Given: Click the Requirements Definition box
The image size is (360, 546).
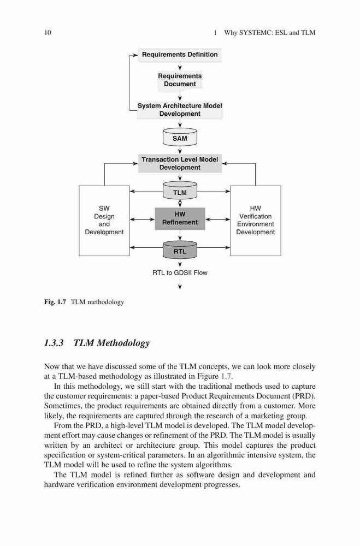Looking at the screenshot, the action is pyautogui.click(x=180, y=55).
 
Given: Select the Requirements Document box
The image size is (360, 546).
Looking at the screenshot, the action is pyautogui.click(x=180, y=80).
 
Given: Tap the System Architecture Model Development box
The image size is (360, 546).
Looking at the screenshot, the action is pyautogui.click(x=180, y=110).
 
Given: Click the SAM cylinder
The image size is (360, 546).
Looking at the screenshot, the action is pyautogui.click(x=180, y=138).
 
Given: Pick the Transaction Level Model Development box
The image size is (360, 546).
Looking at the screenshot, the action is pyautogui.click(x=180, y=163).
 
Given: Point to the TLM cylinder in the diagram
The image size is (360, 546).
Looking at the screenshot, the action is pyautogui.click(x=180, y=191).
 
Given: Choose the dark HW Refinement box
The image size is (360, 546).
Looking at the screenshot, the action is pyautogui.click(x=180, y=219).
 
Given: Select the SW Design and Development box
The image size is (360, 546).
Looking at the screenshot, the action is pyautogui.click(x=104, y=221).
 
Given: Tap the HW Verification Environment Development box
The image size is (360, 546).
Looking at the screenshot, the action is pyautogui.click(x=256, y=221).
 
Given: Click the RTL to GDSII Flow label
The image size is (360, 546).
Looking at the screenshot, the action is pyautogui.click(x=180, y=272).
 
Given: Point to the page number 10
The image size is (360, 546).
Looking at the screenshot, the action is pyautogui.click(x=48, y=33).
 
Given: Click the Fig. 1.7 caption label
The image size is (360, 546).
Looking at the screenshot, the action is pyautogui.click(x=55, y=302).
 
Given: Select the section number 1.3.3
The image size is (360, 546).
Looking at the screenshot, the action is pyautogui.click(x=54, y=343).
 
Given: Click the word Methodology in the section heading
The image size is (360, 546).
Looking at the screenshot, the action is pyautogui.click(x=123, y=343).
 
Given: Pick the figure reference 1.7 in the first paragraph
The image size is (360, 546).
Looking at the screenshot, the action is pyautogui.click(x=227, y=376).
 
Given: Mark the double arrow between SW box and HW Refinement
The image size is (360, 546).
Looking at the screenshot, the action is pyautogui.click(x=142, y=219).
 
